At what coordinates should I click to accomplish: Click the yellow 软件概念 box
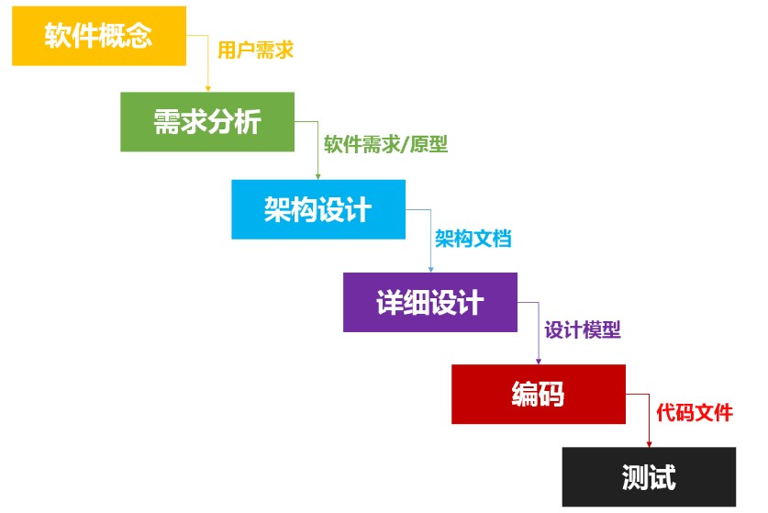pos(98,36)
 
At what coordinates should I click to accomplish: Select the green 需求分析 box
pos(207,122)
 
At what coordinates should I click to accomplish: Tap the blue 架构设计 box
pos(317,209)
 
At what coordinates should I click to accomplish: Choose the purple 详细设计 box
pos(429,302)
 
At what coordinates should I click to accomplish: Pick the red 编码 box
pos(538,394)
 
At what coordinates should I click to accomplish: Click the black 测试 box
pos(648,476)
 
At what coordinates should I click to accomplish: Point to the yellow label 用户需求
pos(255,50)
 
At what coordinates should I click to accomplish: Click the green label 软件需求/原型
pos(385,145)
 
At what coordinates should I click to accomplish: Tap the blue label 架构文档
pos(473,239)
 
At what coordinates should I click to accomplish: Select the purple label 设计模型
pos(583,330)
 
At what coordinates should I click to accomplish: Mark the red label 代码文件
pos(695,413)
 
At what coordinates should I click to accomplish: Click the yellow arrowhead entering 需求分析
pos(208,88)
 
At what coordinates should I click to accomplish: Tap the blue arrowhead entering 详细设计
pos(430,269)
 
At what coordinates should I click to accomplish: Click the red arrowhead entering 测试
pos(648,443)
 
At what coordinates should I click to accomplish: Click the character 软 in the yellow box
pos(59,36)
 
